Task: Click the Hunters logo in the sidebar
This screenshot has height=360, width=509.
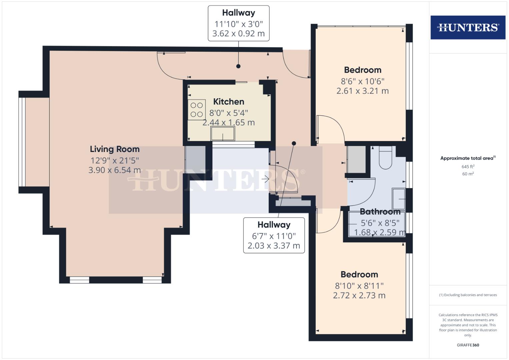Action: click(468, 27)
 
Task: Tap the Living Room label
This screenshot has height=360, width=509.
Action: click(115, 149)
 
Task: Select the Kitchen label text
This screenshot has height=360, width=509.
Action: click(229, 101)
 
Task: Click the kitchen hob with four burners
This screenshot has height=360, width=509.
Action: click(196, 110)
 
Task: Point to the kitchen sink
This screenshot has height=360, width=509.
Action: click(223, 134)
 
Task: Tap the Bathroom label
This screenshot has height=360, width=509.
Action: click(380, 212)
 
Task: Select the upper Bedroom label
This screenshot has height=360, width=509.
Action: click(363, 70)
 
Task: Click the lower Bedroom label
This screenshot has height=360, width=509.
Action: click(359, 274)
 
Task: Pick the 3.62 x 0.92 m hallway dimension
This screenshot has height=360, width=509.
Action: click(238, 34)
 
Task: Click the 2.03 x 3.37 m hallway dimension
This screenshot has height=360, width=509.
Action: click(274, 246)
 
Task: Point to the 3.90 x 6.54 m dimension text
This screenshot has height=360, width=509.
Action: click(114, 170)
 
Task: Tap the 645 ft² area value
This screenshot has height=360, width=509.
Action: click(468, 166)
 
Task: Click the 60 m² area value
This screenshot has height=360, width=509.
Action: click(468, 174)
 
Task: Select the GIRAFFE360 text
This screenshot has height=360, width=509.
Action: click(468, 345)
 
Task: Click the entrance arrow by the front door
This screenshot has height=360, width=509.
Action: click(265, 179)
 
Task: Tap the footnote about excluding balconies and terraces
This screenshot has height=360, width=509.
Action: click(468, 295)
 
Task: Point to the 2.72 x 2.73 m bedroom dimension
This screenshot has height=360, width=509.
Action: click(359, 295)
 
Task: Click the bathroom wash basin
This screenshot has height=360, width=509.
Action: click(399, 199)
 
